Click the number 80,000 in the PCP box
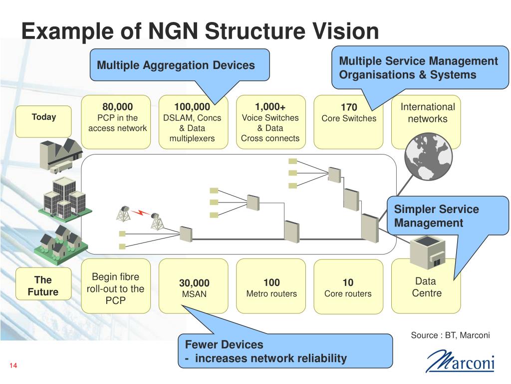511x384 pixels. pyautogui.click(x=117, y=107)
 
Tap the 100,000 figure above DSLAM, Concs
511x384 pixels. pyautogui.click(x=192, y=107)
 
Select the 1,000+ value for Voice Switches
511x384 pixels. pyautogui.click(x=270, y=107)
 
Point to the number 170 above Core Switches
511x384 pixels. pyautogui.click(x=349, y=107)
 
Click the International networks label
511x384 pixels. pyautogui.click(x=428, y=112)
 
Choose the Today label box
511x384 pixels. pyautogui.click(x=43, y=121)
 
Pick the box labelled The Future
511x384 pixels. pyautogui.click(x=43, y=284)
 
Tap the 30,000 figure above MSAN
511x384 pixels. pyautogui.click(x=194, y=283)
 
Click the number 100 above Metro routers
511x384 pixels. pyautogui.click(x=271, y=282)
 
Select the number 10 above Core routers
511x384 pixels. pyautogui.click(x=348, y=282)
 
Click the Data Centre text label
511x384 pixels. pyautogui.click(x=426, y=287)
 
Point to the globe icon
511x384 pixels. pyautogui.click(x=428, y=156)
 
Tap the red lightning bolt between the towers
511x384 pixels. pyautogui.click(x=140, y=212)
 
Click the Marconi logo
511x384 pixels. pyautogui.click(x=460, y=361)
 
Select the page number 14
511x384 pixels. pyautogui.click(x=13, y=365)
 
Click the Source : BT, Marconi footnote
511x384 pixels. pyautogui.click(x=450, y=335)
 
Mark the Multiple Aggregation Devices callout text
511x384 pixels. pyautogui.click(x=176, y=65)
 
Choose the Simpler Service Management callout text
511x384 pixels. pyautogui.click(x=436, y=216)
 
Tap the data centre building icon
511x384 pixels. pyautogui.click(x=427, y=252)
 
